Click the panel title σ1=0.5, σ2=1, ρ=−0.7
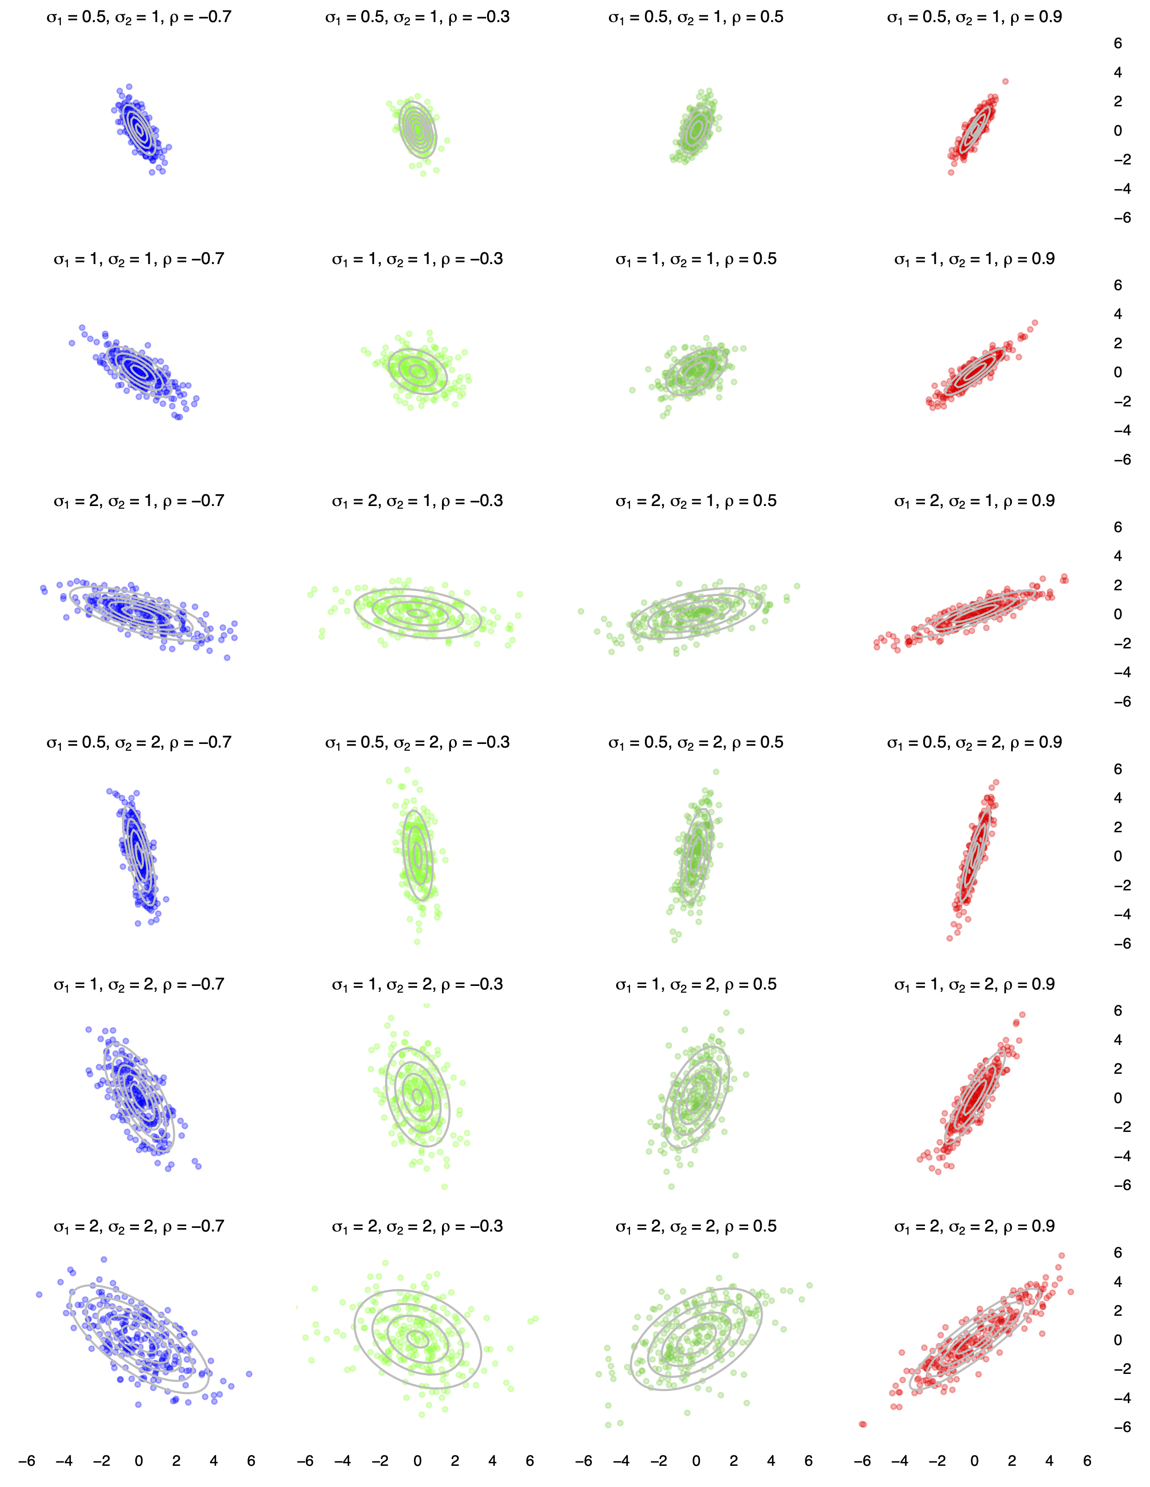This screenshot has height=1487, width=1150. [x=139, y=17]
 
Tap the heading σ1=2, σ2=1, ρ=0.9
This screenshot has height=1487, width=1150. [x=974, y=501]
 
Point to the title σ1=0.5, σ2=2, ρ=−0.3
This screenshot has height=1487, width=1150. [x=417, y=743]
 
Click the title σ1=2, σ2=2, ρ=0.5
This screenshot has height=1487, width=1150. [x=695, y=1226]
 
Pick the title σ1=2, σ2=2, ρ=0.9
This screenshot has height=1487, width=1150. [x=974, y=1226]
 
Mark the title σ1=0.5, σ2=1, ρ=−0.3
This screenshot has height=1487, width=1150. [x=417, y=17]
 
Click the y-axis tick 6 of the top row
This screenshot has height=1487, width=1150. [x=1117, y=44]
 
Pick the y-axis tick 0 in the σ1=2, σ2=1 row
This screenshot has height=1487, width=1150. [x=1117, y=614]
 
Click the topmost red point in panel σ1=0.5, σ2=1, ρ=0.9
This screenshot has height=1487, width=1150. [x=1006, y=82]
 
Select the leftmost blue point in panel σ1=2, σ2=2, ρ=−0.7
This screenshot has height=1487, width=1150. [x=40, y=1294]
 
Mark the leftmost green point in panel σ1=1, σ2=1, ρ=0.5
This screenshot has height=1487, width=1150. [x=632, y=390]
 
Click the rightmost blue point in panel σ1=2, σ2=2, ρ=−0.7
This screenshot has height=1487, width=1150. [x=248, y=1374]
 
